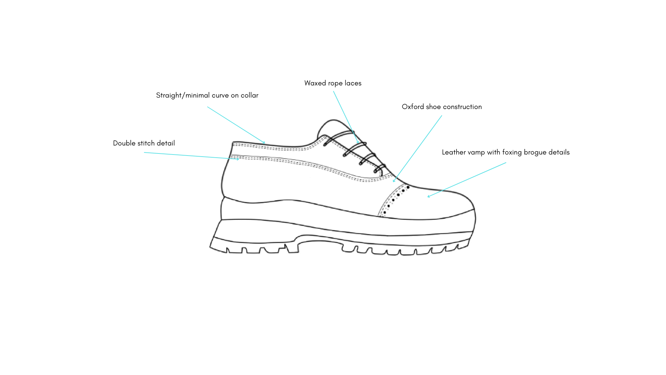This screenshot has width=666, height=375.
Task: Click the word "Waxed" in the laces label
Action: [315, 83]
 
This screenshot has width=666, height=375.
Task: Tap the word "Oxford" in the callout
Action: [413, 107]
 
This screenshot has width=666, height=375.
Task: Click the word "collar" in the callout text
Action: [249, 95]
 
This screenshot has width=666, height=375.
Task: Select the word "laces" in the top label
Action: [353, 83]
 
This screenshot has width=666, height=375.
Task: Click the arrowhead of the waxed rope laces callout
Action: [358, 143]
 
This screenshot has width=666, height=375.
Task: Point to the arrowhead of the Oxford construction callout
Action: [394, 181]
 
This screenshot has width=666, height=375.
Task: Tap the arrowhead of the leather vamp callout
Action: [429, 197]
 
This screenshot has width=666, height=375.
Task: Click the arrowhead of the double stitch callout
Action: [238, 159]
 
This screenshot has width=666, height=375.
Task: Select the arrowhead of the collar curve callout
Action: [264, 142]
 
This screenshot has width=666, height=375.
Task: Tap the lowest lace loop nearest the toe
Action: [379, 168]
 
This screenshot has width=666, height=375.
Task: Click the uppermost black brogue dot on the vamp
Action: [408, 187]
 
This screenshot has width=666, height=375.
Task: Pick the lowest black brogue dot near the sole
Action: [385, 212]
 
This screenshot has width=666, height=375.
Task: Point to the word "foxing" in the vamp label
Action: [512, 152]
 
